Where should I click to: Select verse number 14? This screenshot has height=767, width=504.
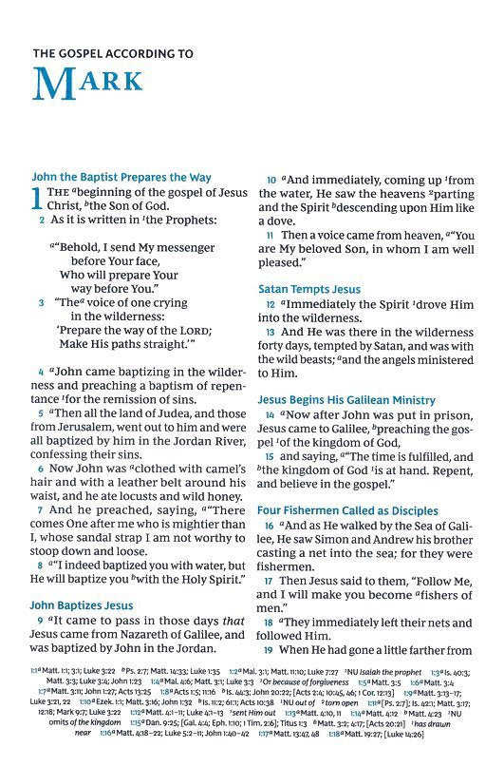tap(271, 417)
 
